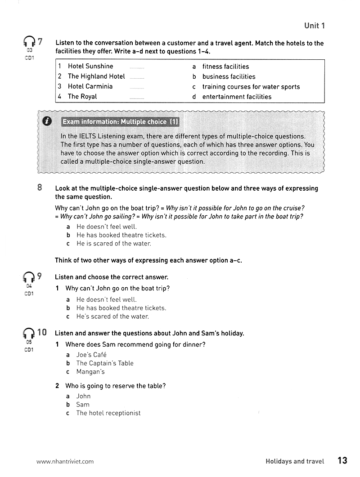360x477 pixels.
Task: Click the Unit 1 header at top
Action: coord(314,26)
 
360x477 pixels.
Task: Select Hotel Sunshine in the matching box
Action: coord(90,66)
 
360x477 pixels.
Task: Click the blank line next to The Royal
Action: coord(137,97)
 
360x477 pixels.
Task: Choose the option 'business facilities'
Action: coord(229,76)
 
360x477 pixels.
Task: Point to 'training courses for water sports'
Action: coord(251,87)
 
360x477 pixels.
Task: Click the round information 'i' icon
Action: coord(46,121)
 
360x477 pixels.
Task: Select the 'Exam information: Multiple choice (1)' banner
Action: coord(121,122)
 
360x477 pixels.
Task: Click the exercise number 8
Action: coord(40,188)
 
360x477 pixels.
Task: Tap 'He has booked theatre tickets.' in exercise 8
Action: coord(121,235)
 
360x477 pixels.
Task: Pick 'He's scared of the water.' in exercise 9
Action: coord(112,317)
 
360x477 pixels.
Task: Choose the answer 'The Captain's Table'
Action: coord(105,363)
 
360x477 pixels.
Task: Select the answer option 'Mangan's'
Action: coord(90,372)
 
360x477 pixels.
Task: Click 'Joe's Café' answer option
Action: coord(91,355)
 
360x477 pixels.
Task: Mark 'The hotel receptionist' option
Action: coord(108,413)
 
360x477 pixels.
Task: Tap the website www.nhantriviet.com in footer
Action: coord(65,461)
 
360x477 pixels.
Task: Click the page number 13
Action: coord(342,460)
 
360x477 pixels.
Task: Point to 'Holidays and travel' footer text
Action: coord(295,461)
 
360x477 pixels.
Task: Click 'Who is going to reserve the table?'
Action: coord(115,386)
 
